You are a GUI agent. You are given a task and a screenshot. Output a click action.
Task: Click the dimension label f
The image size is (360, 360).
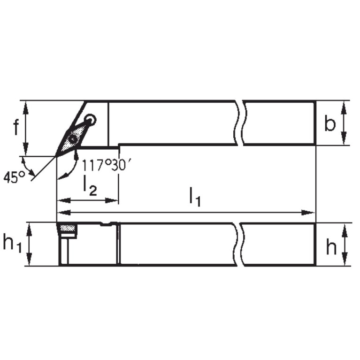pos(15,127)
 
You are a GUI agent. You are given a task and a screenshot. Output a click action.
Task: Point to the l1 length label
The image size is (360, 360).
pos(195,196)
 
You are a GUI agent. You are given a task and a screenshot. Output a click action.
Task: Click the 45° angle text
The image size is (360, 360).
pos(14,177)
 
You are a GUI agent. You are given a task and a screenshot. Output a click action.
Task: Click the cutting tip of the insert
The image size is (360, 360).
pos(57,156)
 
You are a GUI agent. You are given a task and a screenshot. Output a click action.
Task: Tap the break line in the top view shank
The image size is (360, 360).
pos(240,123)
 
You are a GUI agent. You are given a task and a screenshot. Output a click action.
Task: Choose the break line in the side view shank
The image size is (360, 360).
pos(240,244)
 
